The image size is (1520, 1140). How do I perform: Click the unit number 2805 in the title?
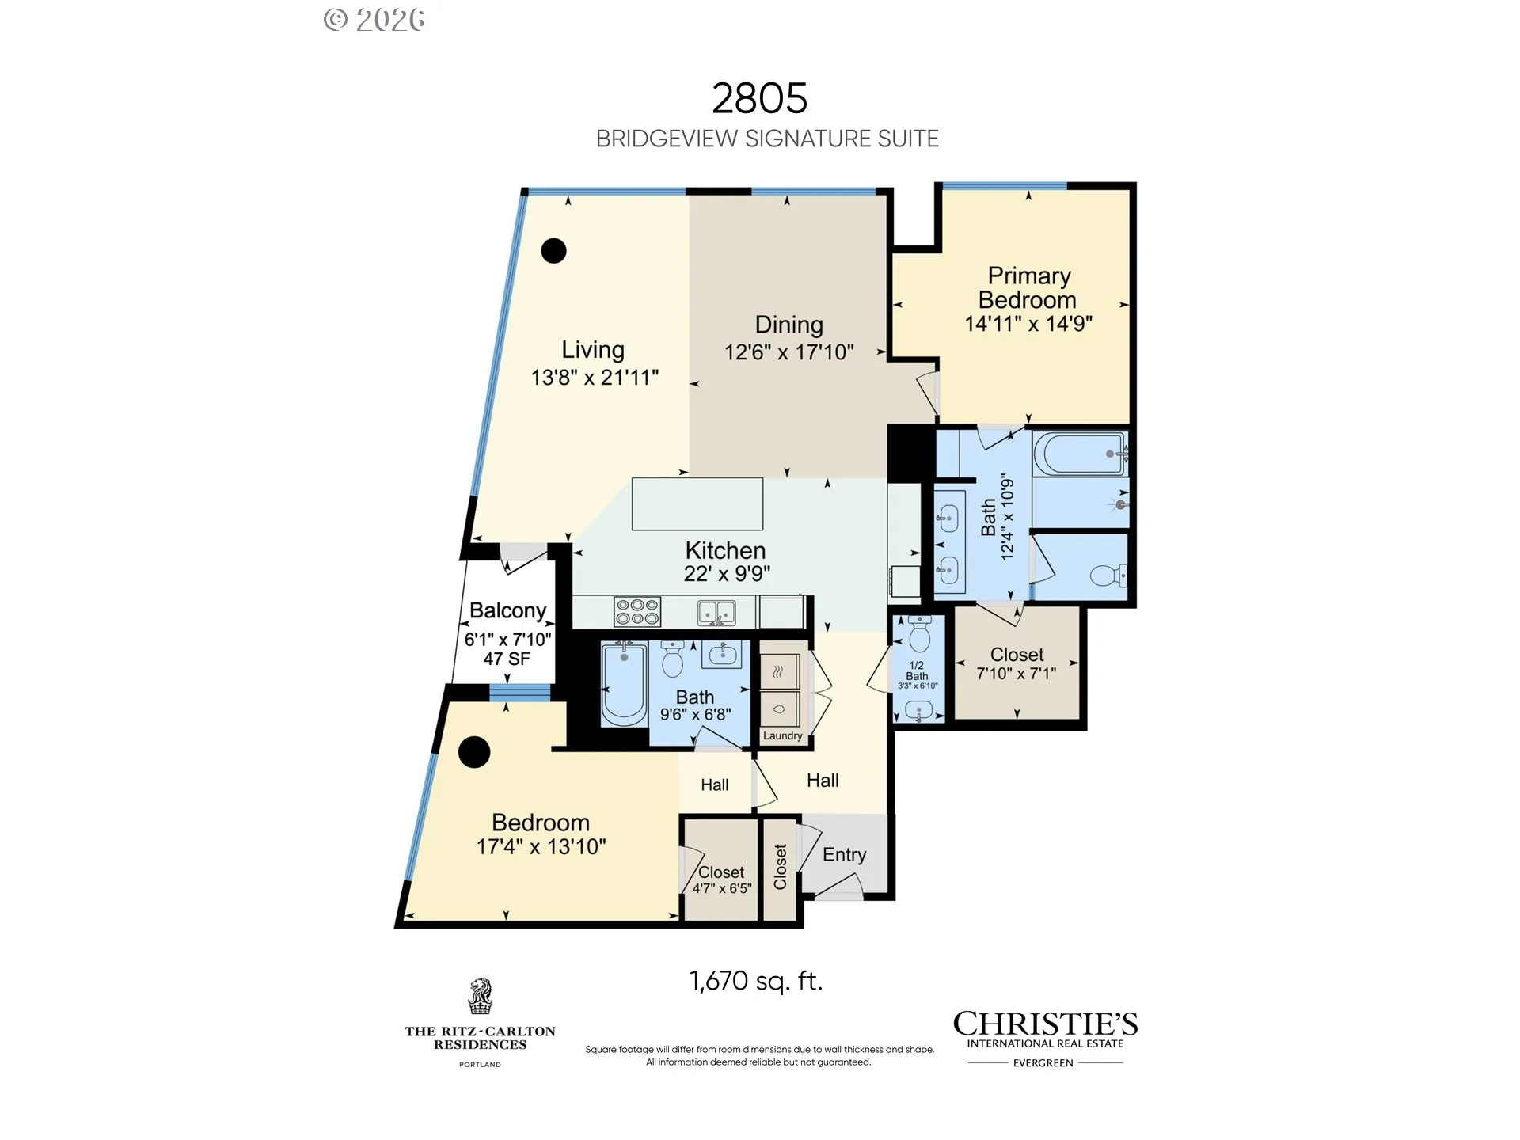click(759, 98)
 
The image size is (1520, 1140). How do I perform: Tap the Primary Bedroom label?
click(1028, 287)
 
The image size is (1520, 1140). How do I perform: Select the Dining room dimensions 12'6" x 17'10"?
click(789, 351)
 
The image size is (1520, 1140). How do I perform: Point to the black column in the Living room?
click(553, 251)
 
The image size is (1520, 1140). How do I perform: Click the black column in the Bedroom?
click(474, 752)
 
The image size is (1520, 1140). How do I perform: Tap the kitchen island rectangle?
click(697, 503)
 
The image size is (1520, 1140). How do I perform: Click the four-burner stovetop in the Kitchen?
click(637, 612)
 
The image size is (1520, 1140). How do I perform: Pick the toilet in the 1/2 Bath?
click(919, 633)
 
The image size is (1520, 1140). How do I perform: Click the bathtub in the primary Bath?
click(1079, 454)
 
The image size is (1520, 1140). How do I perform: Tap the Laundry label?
click(783, 735)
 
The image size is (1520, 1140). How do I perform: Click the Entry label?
click(844, 854)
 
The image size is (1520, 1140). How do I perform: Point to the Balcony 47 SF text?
click(507, 659)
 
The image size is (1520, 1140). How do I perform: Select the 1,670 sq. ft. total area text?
click(756, 981)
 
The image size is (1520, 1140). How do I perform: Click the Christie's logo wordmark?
click(1045, 1024)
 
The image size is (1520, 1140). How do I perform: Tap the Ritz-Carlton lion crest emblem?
click(480, 997)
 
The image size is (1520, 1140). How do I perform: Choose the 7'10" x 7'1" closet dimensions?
click(1016, 674)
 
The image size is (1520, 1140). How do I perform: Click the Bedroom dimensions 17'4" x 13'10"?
click(541, 846)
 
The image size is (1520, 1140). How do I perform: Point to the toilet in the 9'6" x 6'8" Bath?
click(672, 659)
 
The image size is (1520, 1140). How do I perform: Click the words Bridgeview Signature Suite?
click(767, 139)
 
